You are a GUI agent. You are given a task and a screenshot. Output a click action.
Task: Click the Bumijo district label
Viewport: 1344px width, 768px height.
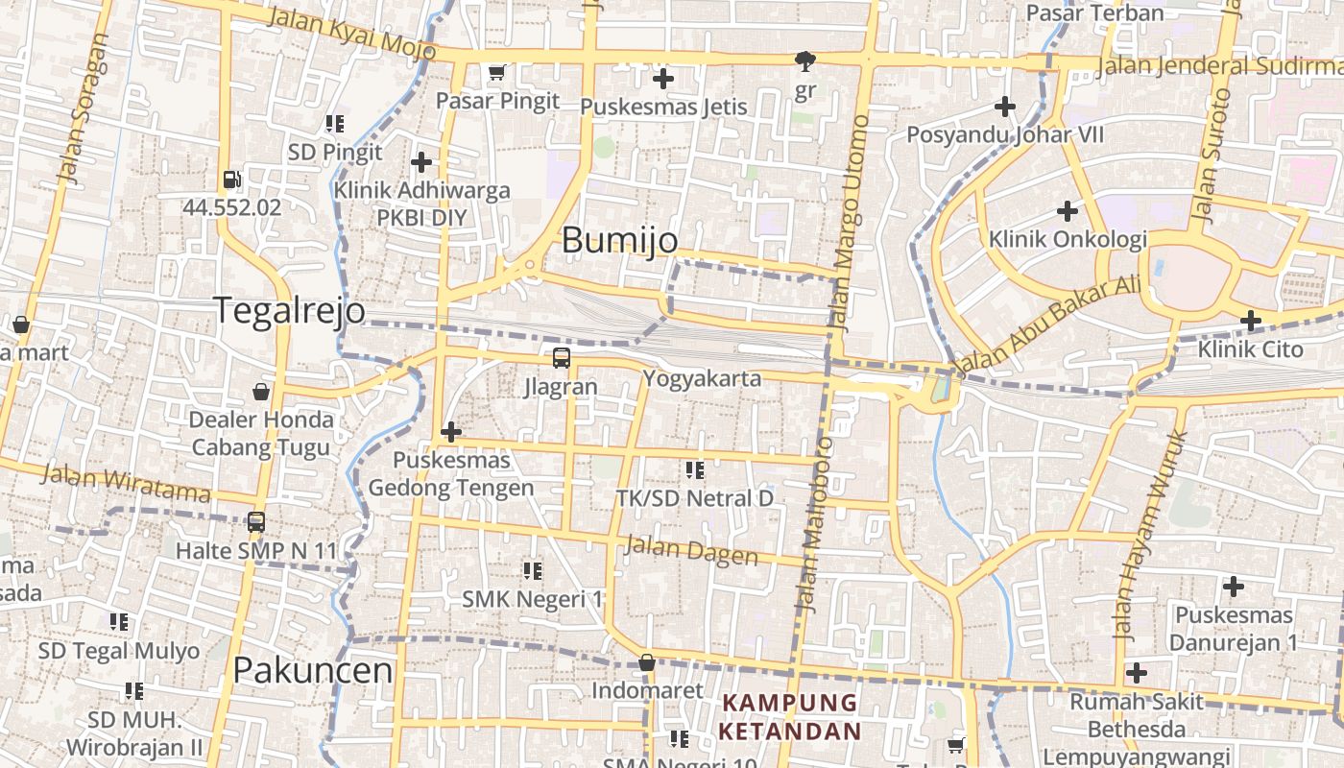click(619, 240)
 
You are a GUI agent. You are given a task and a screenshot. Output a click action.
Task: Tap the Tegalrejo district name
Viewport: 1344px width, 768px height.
click(288, 311)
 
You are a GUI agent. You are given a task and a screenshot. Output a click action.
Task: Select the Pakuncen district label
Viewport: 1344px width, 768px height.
click(313, 670)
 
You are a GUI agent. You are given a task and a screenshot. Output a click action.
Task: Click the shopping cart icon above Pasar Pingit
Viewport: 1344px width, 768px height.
click(497, 73)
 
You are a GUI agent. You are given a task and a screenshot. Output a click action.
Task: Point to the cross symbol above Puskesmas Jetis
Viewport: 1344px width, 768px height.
click(662, 79)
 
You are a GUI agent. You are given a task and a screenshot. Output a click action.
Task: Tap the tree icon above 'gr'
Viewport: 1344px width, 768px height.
click(805, 61)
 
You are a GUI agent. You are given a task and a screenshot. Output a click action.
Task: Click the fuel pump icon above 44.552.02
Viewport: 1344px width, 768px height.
click(231, 180)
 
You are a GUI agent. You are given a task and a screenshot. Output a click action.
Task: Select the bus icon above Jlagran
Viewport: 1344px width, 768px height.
click(562, 359)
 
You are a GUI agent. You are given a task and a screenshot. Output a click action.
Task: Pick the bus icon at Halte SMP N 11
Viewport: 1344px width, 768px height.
click(256, 522)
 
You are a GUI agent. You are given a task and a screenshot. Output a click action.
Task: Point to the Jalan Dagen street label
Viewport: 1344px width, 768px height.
click(690, 550)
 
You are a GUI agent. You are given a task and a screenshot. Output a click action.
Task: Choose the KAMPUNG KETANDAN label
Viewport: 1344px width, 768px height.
click(790, 716)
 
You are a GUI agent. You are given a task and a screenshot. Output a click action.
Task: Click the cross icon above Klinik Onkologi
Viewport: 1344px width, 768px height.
click(1067, 211)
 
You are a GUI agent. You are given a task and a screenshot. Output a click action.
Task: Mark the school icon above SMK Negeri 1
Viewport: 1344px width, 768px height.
click(533, 571)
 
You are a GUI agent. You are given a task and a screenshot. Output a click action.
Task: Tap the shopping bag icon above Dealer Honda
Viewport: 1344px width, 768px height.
click(260, 392)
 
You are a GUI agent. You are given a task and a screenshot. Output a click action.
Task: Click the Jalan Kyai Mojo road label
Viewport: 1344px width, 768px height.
click(351, 32)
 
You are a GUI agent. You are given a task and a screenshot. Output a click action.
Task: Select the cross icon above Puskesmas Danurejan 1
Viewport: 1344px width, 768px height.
click(1234, 586)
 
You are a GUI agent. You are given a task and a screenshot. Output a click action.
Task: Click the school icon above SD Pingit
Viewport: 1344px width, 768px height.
click(334, 124)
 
